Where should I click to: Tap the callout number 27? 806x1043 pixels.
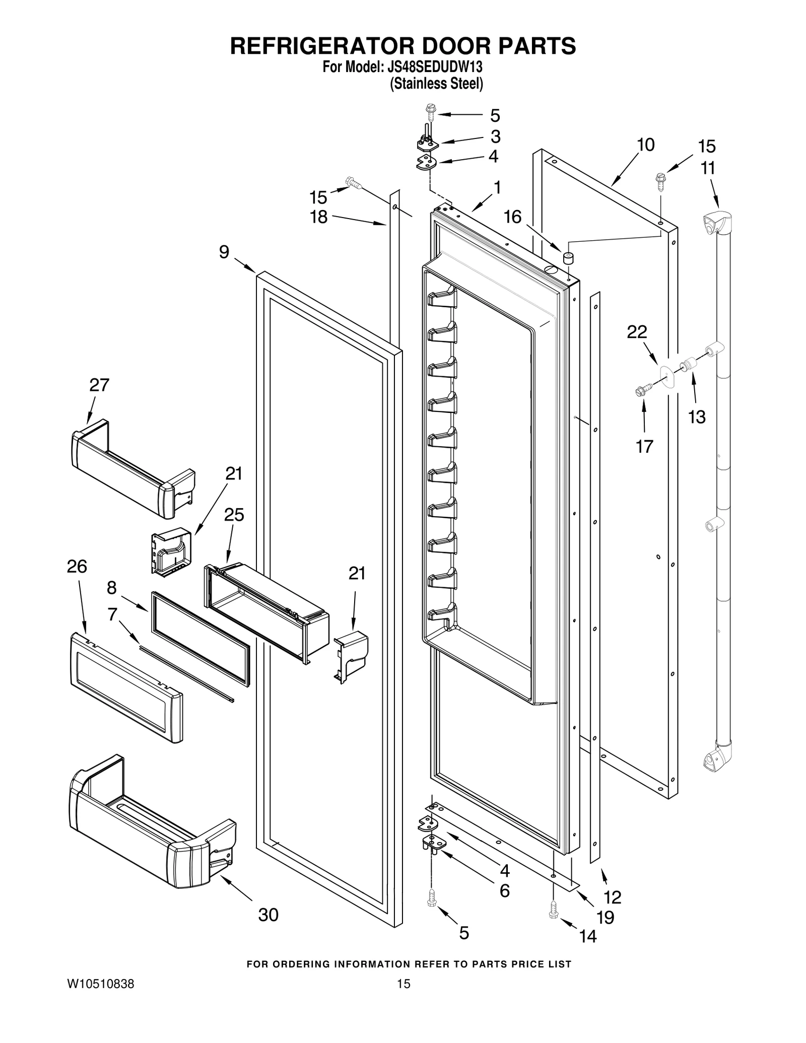(99, 385)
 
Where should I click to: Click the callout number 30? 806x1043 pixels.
(268, 915)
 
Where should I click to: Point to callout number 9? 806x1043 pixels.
(224, 252)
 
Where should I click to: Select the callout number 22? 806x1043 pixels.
(637, 332)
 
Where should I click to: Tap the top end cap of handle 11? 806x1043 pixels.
(716, 223)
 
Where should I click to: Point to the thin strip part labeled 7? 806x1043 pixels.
(186, 674)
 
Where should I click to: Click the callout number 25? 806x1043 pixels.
(234, 515)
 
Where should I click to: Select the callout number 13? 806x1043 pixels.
(697, 417)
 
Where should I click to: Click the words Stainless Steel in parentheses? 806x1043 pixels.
(436, 84)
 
